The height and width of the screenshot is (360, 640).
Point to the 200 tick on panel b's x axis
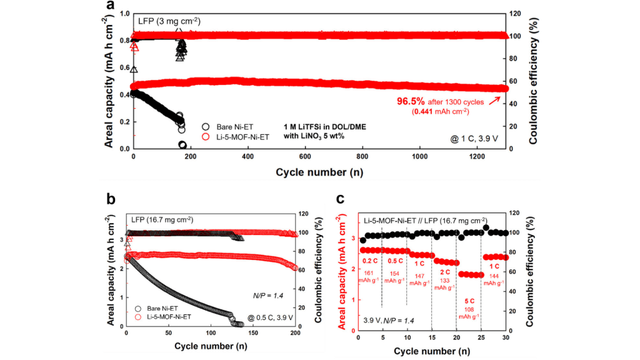coord(295,333)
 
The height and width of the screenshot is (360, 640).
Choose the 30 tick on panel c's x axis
coord(506,338)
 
